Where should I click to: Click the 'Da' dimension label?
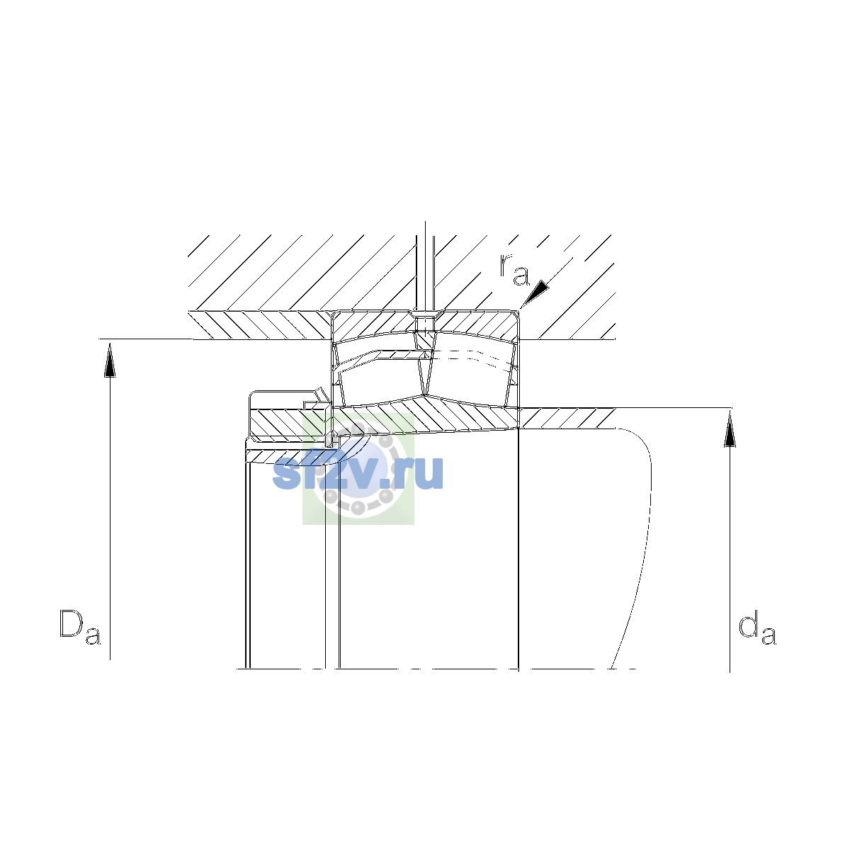coord(80,627)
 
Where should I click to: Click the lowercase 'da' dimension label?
coord(757,627)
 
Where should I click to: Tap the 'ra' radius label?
coord(514,269)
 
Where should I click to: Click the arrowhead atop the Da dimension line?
coord(110,361)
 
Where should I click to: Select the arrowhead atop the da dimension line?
coord(730,430)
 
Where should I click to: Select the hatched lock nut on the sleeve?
coord(289,424)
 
